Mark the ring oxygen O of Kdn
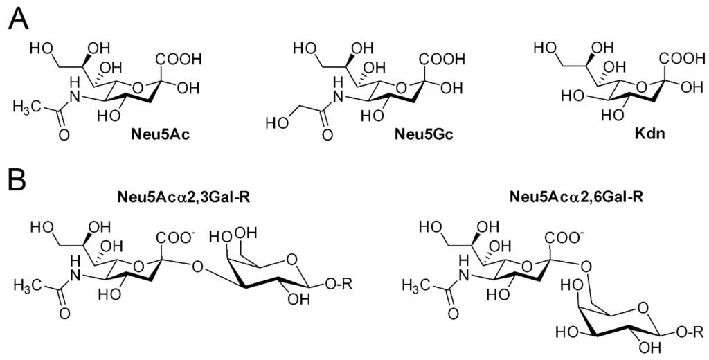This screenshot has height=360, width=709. (x=643, y=87)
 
